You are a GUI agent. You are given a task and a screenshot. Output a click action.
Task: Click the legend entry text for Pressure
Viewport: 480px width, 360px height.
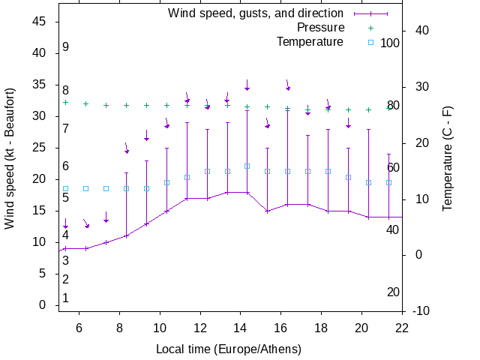(x=320, y=28)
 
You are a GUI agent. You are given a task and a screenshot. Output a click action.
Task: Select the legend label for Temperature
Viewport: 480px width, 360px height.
(x=310, y=42)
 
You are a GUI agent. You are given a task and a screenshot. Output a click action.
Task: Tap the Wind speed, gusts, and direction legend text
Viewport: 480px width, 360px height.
(x=256, y=13)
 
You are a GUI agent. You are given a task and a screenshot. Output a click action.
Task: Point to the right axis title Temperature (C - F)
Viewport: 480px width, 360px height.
(x=448, y=157)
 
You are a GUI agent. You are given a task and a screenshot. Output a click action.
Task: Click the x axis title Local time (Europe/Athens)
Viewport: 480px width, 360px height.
(x=229, y=349)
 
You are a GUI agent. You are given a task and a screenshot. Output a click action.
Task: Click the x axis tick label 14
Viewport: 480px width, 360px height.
(x=241, y=328)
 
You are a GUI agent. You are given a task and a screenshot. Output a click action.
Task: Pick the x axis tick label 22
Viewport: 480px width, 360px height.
(x=402, y=328)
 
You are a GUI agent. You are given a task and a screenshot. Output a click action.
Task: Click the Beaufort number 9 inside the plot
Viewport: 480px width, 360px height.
(x=66, y=47)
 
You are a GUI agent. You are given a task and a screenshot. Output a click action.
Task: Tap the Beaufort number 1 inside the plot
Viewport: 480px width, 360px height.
(x=66, y=298)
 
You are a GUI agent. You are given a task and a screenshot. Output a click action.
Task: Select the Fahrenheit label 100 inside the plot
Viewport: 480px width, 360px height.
(x=390, y=43)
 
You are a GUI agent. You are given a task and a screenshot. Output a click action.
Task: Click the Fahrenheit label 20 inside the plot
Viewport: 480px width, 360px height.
(x=392, y=292)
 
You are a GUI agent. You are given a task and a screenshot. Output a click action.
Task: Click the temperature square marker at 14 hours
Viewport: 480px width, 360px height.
(x=247, y=166)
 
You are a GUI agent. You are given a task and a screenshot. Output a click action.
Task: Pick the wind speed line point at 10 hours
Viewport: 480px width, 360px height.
(x=166, y=211)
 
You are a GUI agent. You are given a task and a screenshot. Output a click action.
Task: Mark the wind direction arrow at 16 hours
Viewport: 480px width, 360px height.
(x=287, y=85)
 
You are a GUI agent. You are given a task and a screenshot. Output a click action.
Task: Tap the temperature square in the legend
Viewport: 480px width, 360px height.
(x=370, y=42)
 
